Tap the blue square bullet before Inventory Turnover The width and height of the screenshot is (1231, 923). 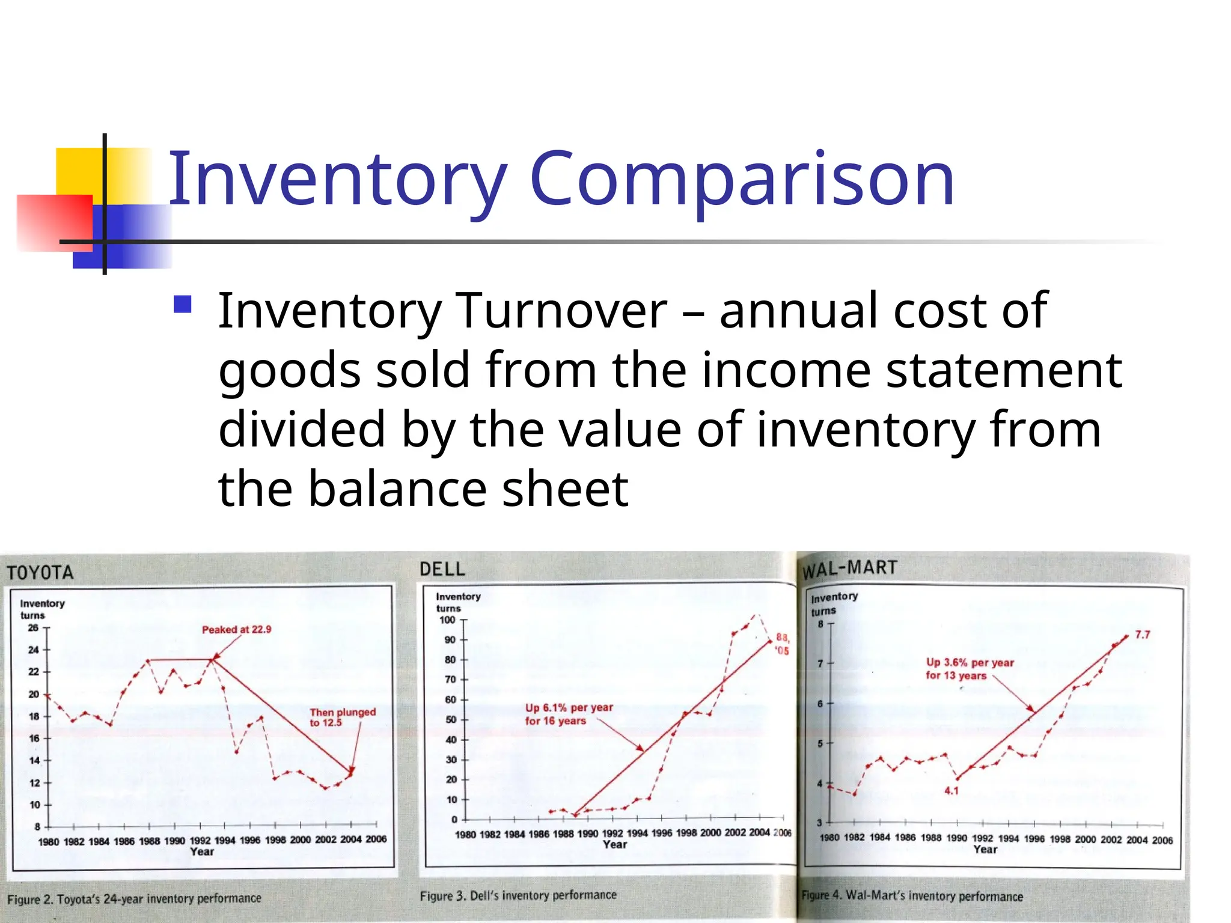pos(182,305)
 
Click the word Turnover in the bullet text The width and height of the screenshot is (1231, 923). pos(562,311)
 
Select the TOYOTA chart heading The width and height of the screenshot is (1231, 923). pos(40,572)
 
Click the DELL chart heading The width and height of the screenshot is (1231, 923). pos(442,569)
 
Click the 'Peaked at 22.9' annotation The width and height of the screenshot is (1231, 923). pos(236,630)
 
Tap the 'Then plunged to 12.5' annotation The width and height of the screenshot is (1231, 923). pos(342,717)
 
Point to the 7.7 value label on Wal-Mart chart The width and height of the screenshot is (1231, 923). pos(1142,635)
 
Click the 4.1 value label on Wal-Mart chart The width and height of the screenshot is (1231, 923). pos(951,791)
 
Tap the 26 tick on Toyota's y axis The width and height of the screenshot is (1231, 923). pos(33,628)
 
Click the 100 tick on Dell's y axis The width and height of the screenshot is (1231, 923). pos(447,620)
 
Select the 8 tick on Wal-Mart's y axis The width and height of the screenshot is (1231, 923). pos(820,624)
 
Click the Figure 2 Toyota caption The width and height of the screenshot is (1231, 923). pos(134,899)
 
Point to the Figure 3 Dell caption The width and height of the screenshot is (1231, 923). pos(518,895)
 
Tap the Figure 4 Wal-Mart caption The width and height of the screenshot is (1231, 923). pos(912,896)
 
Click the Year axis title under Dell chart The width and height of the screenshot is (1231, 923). pos(615,845)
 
